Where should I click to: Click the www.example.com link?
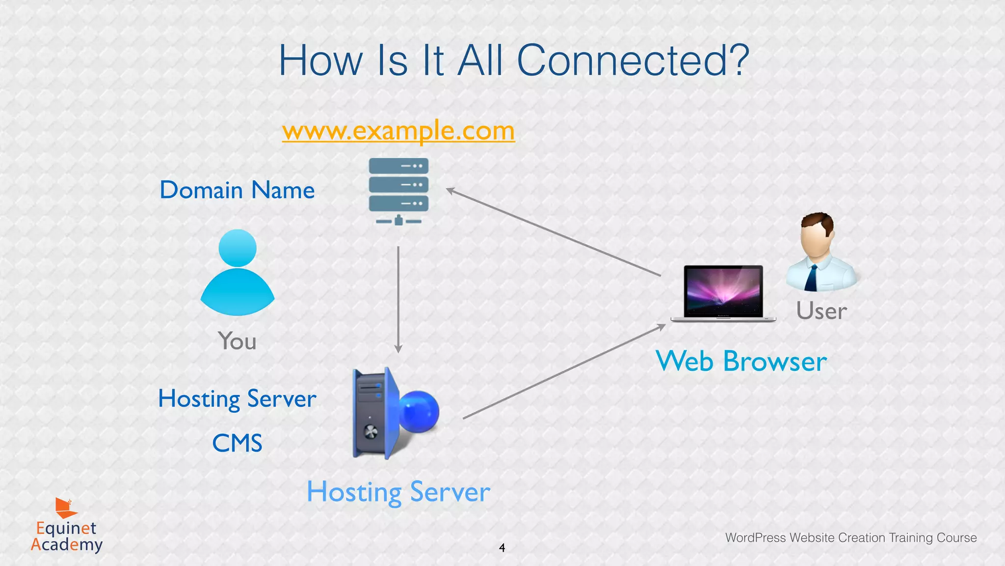[x=398, y=131]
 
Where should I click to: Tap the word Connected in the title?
[x=633, y=60]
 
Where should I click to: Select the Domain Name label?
[x=237, y=190]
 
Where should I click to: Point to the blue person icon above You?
[x=238, y=275]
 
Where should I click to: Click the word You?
[x=237, y=341]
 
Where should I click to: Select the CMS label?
[x=237, y=443]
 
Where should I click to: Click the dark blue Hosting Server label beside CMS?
[x=237, y=398]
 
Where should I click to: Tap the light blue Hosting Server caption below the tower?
[x=398, y=492]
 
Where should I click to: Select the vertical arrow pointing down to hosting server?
[x=398, y=300]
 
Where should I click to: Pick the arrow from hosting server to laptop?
[x=564, y=371]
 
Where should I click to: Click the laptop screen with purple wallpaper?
[x=723, y=291]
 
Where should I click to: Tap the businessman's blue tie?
[x=811, y=278]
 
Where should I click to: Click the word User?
[x=821, y=311]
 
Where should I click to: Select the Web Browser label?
[x=741, y=362]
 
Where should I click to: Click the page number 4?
[x=502, y=548]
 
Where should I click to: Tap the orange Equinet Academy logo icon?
[x=65, y=508]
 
